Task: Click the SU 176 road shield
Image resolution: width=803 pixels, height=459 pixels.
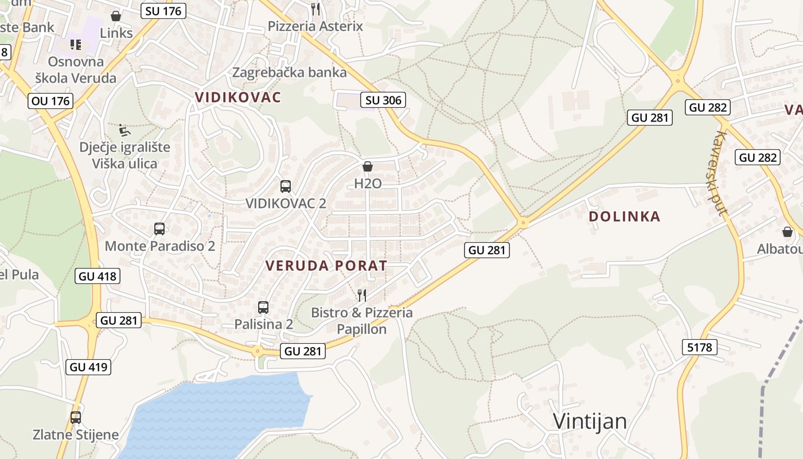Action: tap(163, 11)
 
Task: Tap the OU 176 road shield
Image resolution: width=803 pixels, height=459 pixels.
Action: tap(50, 101)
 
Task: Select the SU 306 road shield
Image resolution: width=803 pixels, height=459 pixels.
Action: tap(384, 100)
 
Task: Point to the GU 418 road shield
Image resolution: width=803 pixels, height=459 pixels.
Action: tap(98, 276)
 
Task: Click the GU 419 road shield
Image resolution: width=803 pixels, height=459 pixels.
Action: tap(89, 367)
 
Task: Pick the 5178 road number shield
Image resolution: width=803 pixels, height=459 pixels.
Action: tap(699, 347)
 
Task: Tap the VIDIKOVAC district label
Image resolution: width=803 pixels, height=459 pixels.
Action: tap(238, 97)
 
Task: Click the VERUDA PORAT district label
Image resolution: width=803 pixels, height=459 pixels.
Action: tap(326, 266)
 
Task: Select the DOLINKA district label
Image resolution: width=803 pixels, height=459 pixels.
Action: tap(625, 216)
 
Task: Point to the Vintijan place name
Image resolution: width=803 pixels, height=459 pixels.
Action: tap(590, 421)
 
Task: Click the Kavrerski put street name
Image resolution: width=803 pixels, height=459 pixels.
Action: tap(720, 173)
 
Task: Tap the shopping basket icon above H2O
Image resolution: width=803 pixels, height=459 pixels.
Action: tap(368, 167)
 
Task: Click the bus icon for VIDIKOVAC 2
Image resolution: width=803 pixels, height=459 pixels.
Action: tap(286, 186)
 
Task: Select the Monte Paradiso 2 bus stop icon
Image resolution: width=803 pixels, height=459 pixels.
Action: tap(159, 229)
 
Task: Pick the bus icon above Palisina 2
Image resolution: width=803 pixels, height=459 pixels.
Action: tap(263, 308)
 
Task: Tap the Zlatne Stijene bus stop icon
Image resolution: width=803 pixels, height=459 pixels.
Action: tap(76, 418)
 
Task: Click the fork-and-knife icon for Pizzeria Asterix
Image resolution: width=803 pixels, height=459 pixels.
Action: tap(315, 9)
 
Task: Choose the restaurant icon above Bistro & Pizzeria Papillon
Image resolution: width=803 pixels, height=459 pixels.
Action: tap(362, 295)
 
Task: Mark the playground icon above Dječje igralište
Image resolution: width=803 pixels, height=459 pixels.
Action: tap(124, 130)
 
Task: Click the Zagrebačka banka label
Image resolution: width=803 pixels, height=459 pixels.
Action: tap(290, 72)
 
